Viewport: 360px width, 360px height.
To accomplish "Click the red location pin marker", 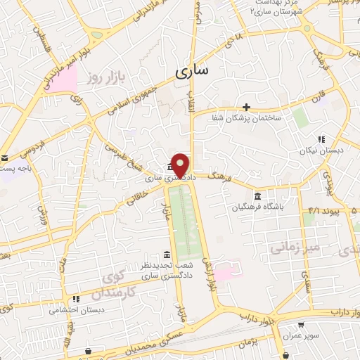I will pos(181,166).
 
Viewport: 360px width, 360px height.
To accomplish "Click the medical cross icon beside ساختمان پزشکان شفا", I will pos(246,106).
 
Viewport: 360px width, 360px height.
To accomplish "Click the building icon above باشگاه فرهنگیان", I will pos(258,195).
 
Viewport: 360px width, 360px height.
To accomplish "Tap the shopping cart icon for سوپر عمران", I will pos(301,326).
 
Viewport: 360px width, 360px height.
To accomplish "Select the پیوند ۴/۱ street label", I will pos(328,211).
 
